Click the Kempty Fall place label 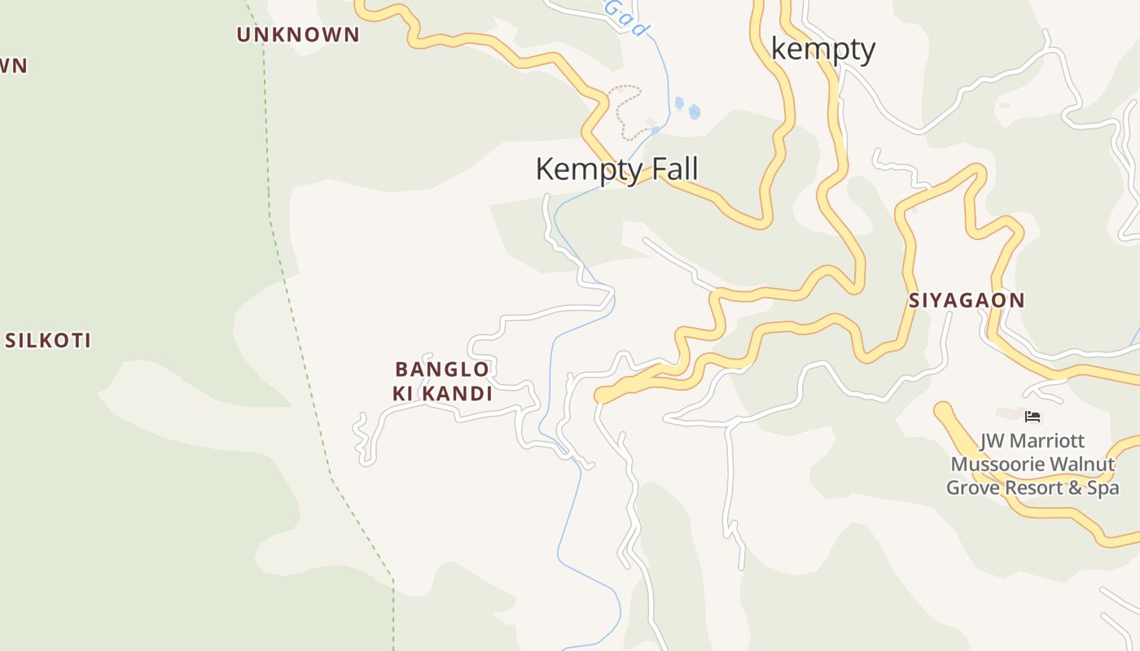coord(616,169)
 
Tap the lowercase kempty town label coord(822,50)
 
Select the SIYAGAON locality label coord(967,300)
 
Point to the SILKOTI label coord(48,340)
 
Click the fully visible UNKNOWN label coord(298,34)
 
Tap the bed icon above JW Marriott coord(1033,417)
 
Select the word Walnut coord(1082,465)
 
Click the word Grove coord(972,487)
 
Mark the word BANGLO coord(442,369)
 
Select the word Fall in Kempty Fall coord(673,169)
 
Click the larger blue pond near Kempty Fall coord(694,111)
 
